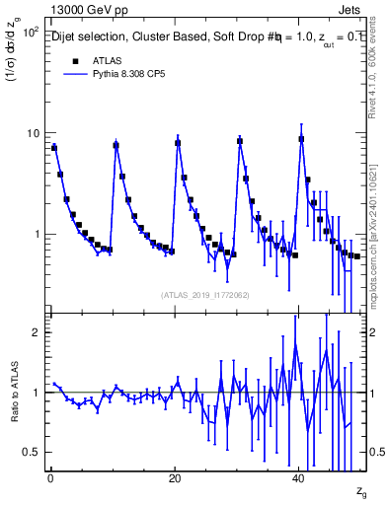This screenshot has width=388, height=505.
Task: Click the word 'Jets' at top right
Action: [x=351, y=9]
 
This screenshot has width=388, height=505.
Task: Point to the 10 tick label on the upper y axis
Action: [x=32, y=133]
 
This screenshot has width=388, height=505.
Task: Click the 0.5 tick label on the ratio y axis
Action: [x=31, y=452]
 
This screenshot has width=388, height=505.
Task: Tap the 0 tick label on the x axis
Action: [x=50, y=478]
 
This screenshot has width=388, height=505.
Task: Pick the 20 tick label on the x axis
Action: [x=175, y=478]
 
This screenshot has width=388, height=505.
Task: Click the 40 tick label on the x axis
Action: [x=299, y=478]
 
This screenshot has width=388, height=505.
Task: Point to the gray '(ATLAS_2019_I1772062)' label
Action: [x=205, y=294]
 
